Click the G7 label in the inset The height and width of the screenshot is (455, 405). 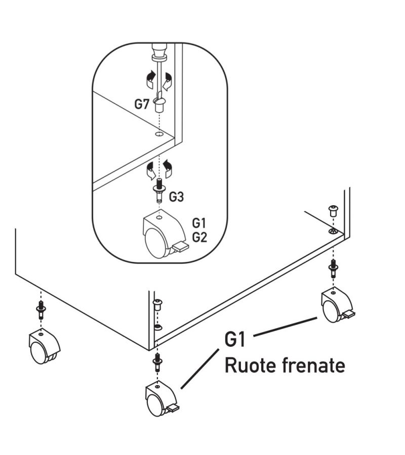click(x=141, y=105)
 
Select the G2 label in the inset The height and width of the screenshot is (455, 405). click(x=199, y=237)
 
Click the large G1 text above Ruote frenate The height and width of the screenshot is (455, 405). click(x=235, y=339)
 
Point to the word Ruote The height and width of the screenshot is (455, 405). click(x=248, y=365)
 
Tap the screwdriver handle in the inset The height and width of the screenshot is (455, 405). click(x=159, y=51)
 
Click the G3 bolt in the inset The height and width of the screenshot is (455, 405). click(x=159, y=190)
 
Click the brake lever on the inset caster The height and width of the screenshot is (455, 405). click(x=180, y=247)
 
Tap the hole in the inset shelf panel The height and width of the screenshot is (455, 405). click(x=159, y=135)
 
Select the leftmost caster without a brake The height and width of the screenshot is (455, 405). click(x=43, y=347)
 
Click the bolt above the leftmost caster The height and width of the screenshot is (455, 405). click(x=40, y=308)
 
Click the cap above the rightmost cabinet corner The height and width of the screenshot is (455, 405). click(x=333, y=210)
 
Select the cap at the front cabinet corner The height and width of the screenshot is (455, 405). click(x=157, y=304)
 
